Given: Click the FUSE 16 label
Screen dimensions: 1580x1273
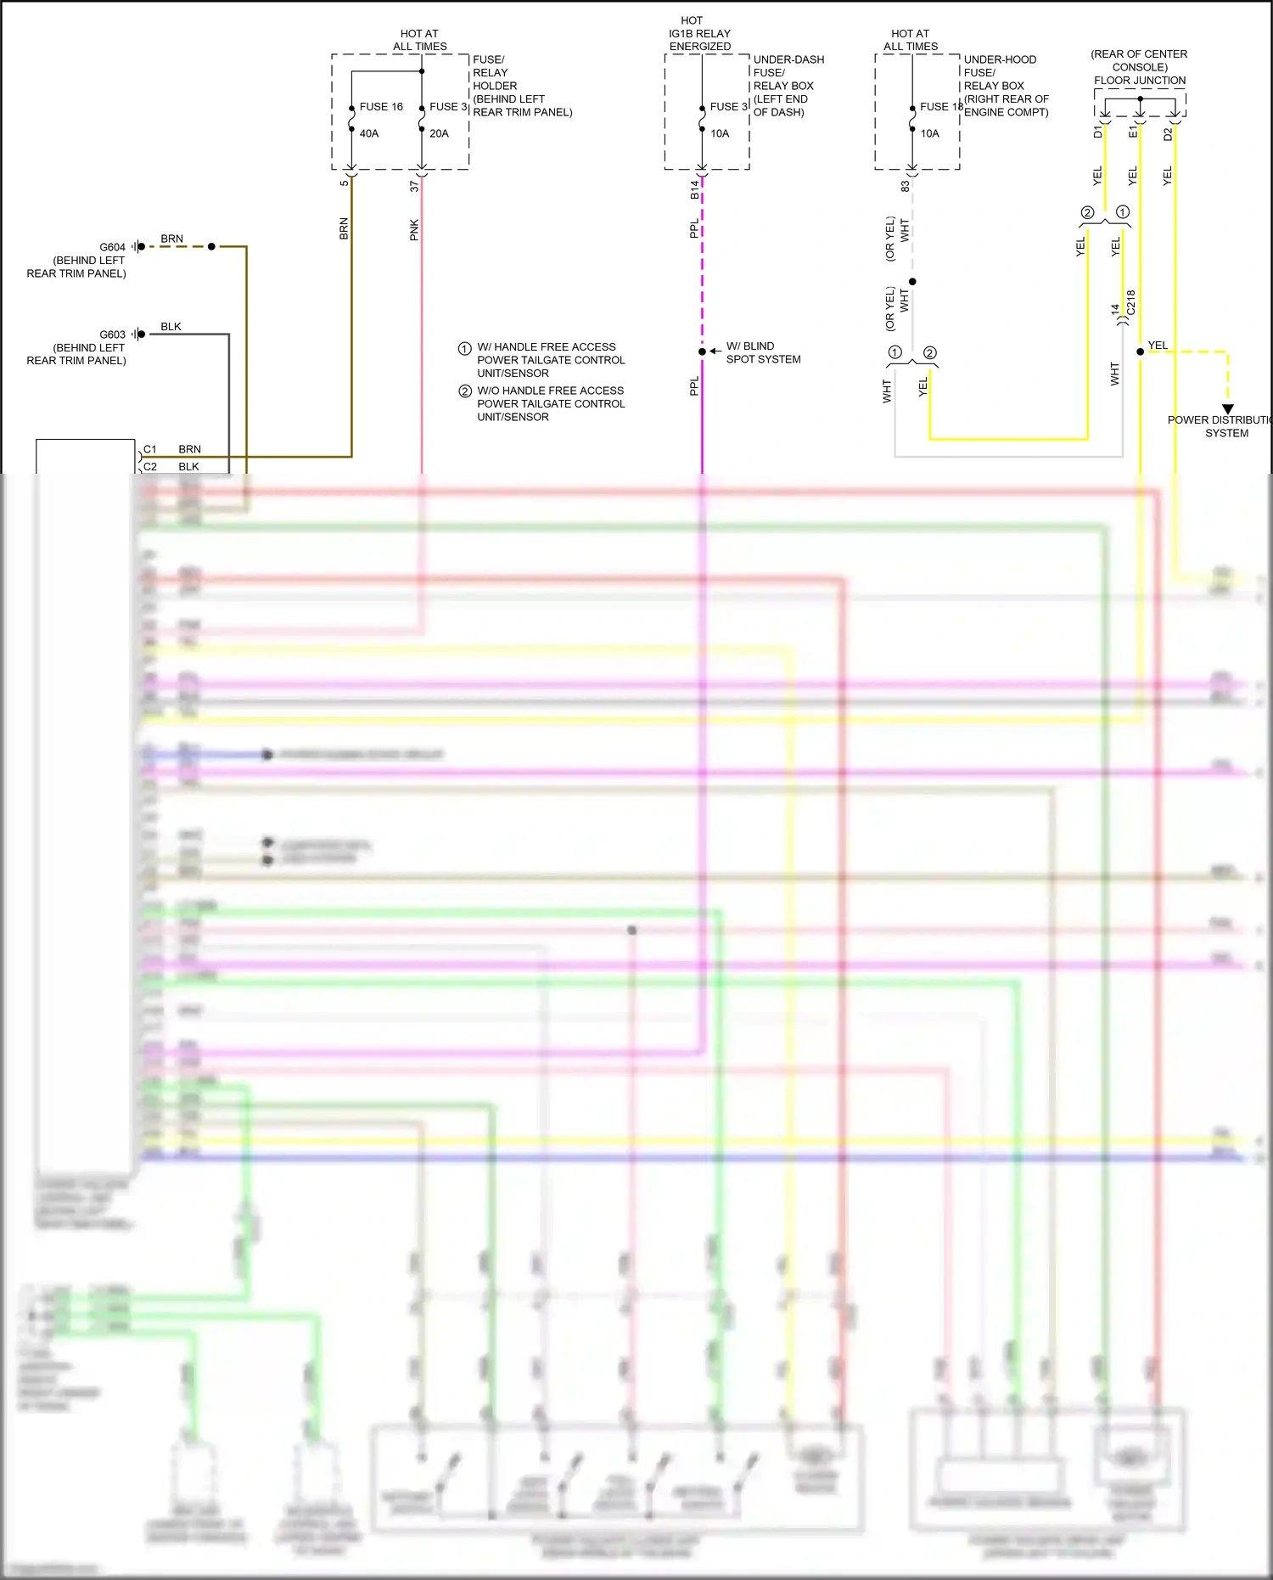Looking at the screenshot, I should pos(381,107).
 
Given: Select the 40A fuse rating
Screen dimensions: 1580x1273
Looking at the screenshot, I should pos(369,133).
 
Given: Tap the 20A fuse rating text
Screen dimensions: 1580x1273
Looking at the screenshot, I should pos(439,133).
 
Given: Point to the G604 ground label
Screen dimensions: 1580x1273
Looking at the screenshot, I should pos(112,247).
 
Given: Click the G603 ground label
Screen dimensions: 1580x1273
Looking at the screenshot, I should pos(112,335).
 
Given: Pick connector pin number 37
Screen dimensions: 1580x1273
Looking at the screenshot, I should pos(414,186).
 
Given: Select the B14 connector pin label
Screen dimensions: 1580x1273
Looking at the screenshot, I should pos(694,189).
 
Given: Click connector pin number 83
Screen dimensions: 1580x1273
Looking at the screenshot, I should pos(905,186).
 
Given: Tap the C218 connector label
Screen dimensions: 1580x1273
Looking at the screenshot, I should pos(1130,302).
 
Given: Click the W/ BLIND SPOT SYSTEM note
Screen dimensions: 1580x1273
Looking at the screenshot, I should pos(763,352).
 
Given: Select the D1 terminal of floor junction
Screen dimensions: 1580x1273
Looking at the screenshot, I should pos(1097,132).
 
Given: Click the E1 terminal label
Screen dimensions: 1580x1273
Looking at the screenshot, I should pos(1132,132).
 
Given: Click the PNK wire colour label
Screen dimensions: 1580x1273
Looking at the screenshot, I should pos(414,230).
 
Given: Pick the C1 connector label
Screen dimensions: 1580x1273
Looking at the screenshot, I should pos(150,449).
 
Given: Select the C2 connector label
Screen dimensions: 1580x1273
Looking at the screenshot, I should pos(150,466).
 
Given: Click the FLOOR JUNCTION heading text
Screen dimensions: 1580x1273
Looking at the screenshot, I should pos(1140,81).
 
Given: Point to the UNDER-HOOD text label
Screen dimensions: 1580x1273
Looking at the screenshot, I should pos(1000,59).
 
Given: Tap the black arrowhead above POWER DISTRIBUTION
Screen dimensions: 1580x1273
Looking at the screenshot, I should pos(1227,409).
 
